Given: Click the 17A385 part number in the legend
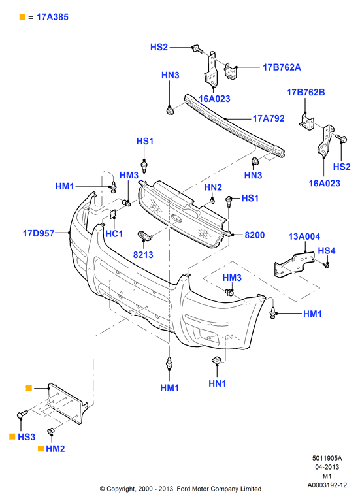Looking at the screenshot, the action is coord(52,17).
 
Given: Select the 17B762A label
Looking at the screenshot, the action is coord(282,67).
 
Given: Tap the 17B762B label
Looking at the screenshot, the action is coord(306,92).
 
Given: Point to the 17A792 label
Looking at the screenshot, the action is coord(269,118).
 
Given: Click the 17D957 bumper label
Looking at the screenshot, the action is coord(39,233).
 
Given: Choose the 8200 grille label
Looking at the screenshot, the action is coord(255,235).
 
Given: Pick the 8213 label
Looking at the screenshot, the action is coord(143,255).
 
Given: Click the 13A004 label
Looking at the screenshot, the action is coord(304,236).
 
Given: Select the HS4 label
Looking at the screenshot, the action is coord(326,251).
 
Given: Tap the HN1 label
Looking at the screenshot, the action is coord(217,383).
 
